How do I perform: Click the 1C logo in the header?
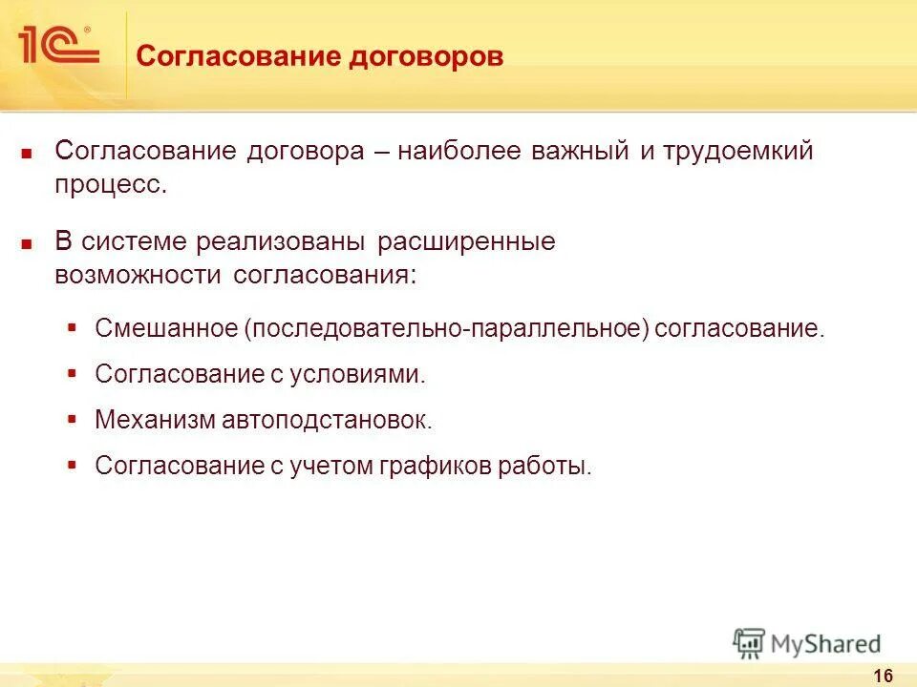pos(56,44)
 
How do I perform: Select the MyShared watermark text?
pos(827,644)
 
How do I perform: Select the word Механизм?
pos(157,419)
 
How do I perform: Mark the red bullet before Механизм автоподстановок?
pos(73,418)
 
